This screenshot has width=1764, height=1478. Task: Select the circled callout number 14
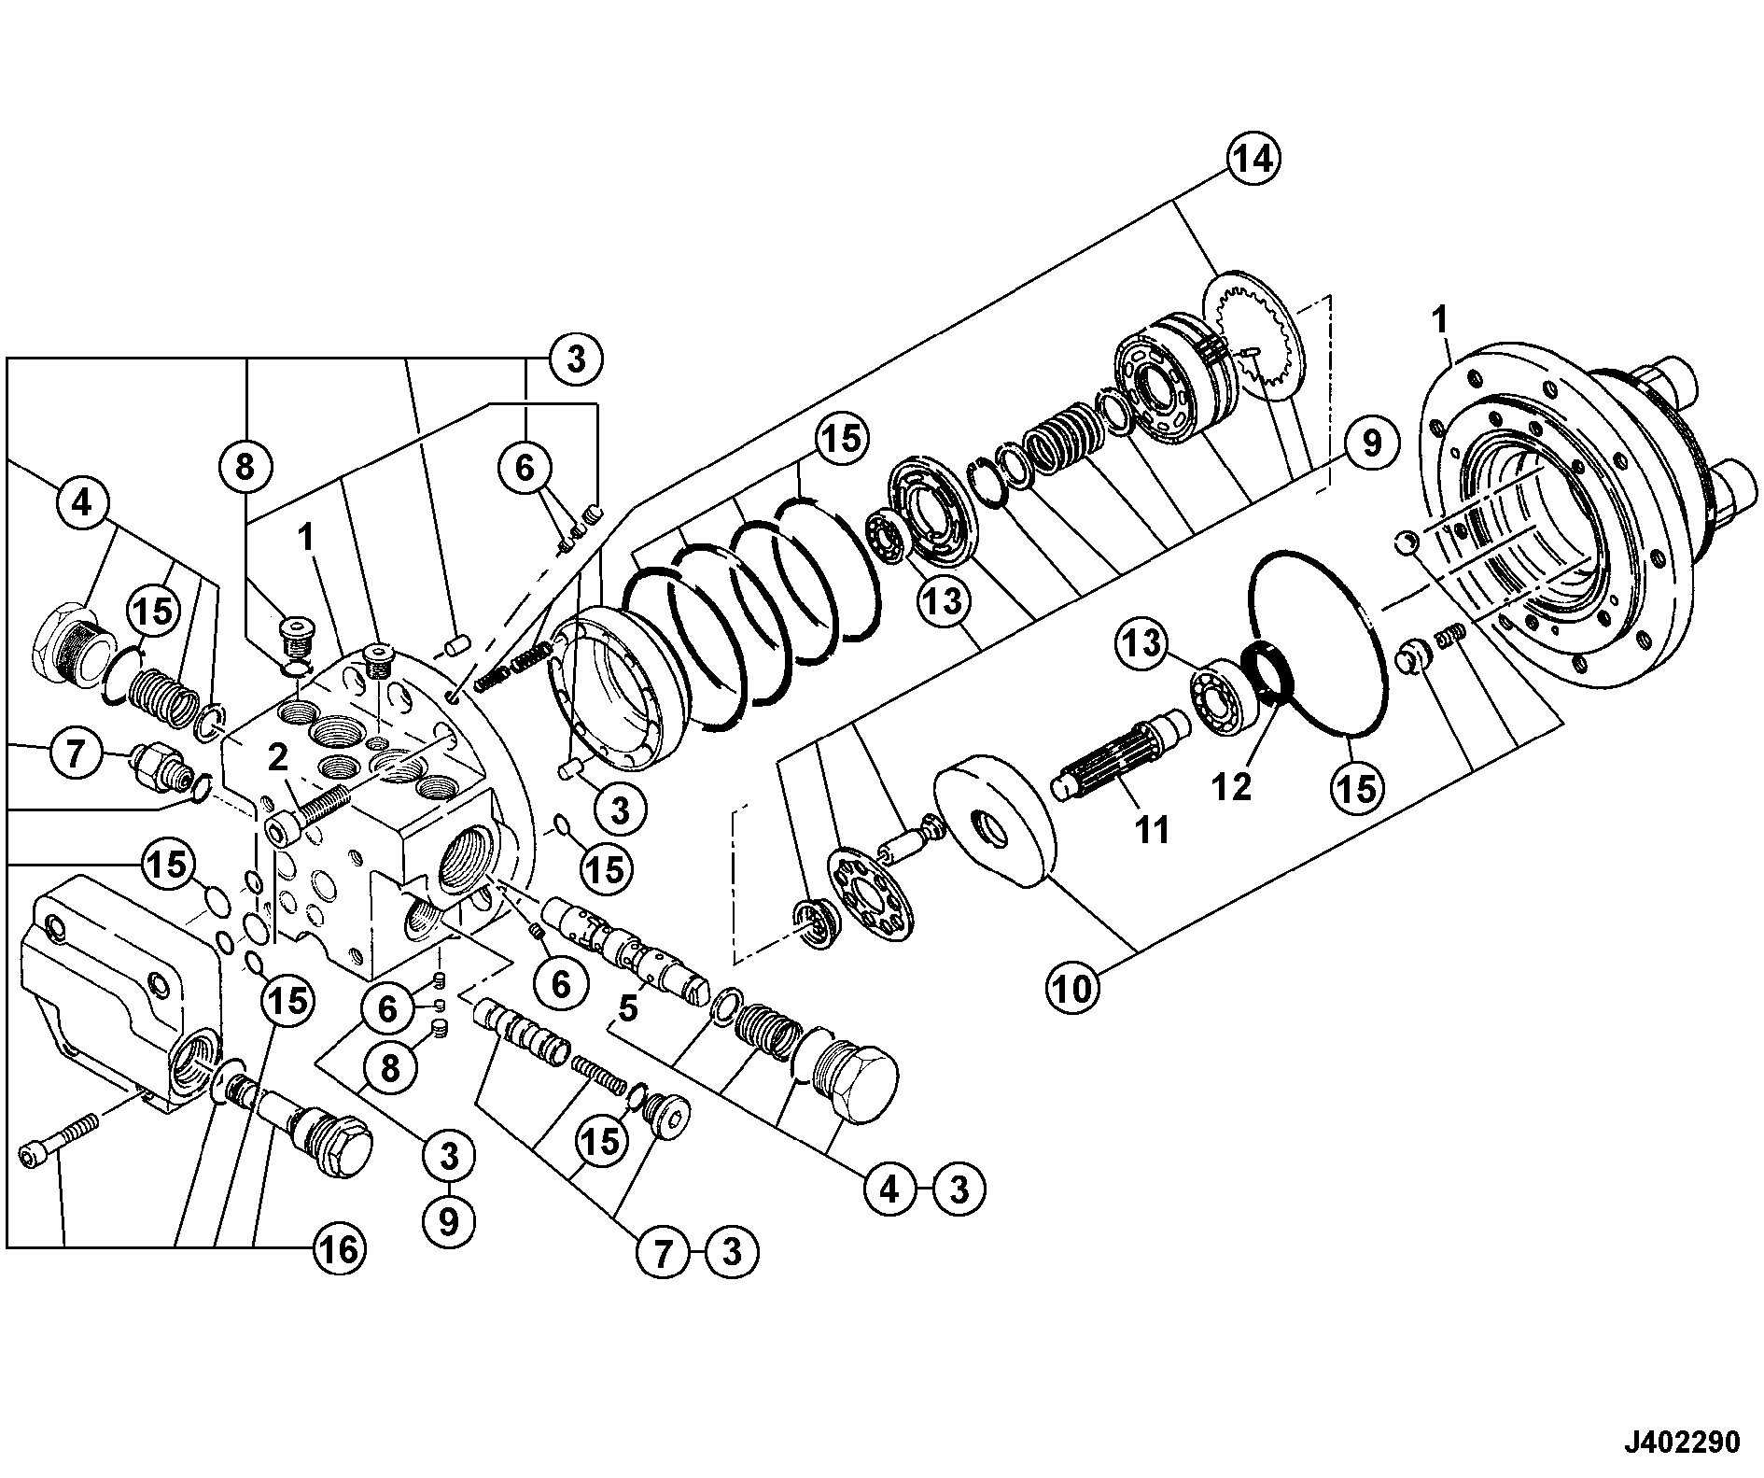1251,161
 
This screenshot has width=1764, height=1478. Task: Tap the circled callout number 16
338,1248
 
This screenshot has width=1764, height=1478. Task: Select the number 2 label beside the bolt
277,758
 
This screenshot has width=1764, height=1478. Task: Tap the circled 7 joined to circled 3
663,1251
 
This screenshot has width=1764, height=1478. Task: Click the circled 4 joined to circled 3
889,1189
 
